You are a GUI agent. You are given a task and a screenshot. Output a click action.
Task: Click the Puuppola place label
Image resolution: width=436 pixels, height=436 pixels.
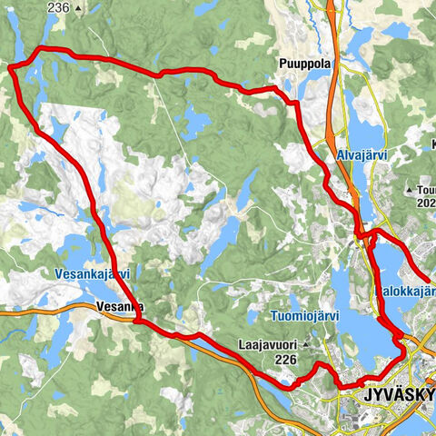(304, 64)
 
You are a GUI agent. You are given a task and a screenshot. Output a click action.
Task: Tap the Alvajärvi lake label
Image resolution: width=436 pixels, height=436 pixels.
(362, 155)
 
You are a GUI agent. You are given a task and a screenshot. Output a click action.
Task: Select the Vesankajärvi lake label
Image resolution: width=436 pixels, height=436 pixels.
(93, 273)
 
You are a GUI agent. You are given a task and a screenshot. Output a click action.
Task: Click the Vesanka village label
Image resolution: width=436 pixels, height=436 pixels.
(118, 307)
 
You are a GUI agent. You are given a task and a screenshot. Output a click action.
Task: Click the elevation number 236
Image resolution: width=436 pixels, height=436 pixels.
(58, 7)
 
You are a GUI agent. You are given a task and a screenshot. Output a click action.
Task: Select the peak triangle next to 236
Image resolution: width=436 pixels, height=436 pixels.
(79, 7)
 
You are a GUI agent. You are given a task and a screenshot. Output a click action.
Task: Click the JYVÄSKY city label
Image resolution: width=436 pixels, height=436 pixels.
(398, 397)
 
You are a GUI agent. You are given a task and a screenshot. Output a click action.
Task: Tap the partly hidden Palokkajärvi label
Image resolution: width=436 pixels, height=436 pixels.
(405, 292)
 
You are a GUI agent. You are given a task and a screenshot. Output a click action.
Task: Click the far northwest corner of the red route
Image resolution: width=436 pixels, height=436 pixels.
(12, 65)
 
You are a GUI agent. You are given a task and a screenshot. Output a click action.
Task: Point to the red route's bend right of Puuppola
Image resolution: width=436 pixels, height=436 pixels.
(293, 103)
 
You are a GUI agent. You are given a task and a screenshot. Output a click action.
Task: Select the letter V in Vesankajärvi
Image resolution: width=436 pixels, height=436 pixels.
(58, 273)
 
